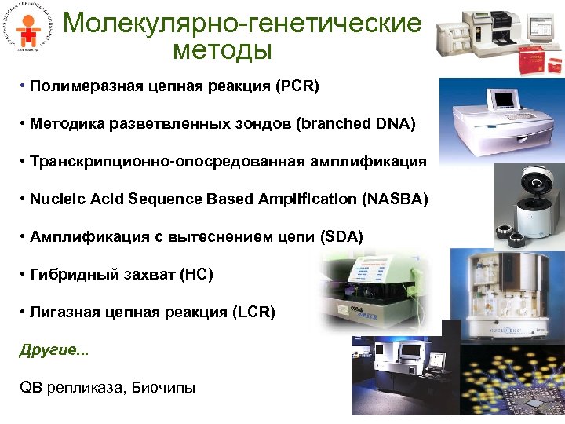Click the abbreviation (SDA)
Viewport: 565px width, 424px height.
pos(342,236)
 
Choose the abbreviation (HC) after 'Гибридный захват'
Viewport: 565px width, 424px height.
pos(196,274)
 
